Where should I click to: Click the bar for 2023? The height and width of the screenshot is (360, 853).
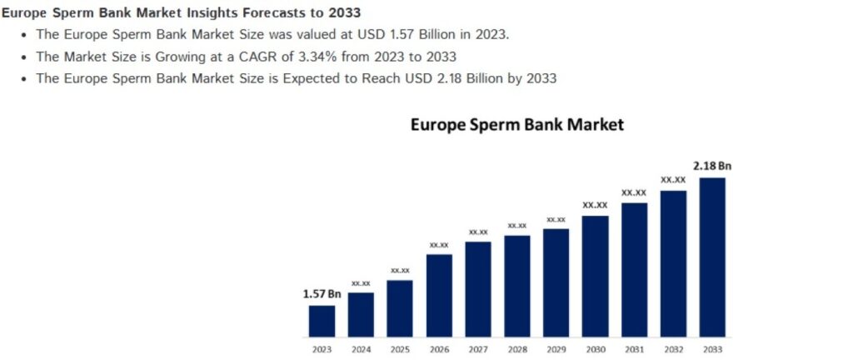[x=322, y=321]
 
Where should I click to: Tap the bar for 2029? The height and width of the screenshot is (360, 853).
[x=556, y=282]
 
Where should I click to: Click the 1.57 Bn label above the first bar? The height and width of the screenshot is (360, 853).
[x=322, y=294]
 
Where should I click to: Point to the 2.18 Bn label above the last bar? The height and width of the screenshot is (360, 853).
[x=711, y=166]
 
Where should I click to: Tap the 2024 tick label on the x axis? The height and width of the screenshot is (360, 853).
[x=361, y=349]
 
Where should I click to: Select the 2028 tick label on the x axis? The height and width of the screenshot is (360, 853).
[x=517, y=349]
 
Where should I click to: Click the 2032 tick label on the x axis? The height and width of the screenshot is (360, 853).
[x=673, y=349]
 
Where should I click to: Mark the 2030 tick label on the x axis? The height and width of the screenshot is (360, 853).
[x=595, y=349]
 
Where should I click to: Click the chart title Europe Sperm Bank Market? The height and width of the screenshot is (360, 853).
[x=517, y=125]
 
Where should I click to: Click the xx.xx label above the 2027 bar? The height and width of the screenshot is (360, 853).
[x=478, y=232]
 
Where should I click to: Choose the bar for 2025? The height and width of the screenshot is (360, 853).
[x=400, y=308]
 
